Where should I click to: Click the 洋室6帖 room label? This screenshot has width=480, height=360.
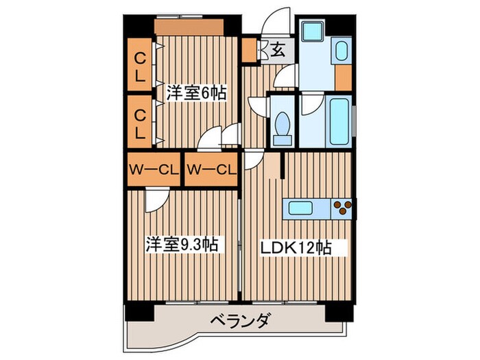(x=196, y=93)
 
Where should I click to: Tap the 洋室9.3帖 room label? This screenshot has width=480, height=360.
(x=181, y=244)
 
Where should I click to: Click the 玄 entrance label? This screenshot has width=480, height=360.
(x=278, y=49)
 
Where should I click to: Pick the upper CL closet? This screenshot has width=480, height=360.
(x=140, y=67)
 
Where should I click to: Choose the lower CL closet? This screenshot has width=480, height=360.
(x=140, y=122)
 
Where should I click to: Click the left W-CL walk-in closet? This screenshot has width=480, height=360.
(x=152, y=169)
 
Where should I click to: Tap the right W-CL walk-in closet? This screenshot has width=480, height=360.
(x=211, y=169)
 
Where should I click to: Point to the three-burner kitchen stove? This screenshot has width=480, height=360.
(x=343, y=207)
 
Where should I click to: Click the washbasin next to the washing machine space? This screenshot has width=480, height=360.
(x=340, y=51)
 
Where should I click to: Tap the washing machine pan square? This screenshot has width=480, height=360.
(x=313, y=31)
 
